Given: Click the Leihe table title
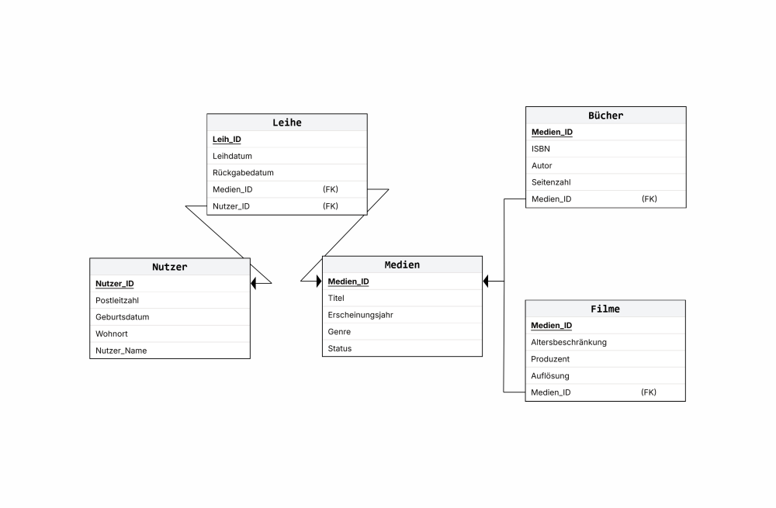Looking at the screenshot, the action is (287, 123).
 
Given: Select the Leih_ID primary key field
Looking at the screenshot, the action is (227, 140).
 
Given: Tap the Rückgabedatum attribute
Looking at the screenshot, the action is (243, 173).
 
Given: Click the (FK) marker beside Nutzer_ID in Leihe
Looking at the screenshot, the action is (331, 206).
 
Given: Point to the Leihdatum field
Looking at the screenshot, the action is (232, 157).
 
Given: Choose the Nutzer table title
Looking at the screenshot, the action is (170, 267).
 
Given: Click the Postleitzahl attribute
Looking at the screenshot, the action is (117, 301).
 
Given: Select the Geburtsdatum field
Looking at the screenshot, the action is (123, 317).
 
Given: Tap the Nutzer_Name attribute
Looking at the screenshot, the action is (121, 351).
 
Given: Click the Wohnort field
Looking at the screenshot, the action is (111, 334).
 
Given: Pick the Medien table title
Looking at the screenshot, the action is (402, 265).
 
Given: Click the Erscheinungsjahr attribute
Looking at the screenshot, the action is (360, 315).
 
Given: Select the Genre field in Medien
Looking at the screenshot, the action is (339, 332).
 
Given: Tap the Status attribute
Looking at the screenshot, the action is (340, 349).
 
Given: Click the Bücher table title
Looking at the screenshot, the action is (606, 116).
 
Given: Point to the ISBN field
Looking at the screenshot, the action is (540, 149).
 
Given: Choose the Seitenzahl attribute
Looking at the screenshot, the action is (551, 182).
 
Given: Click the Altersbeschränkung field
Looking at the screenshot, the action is (569, 342).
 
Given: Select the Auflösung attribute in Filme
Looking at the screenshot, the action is (550, 376).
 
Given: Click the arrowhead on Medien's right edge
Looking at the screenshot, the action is (486, 282).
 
